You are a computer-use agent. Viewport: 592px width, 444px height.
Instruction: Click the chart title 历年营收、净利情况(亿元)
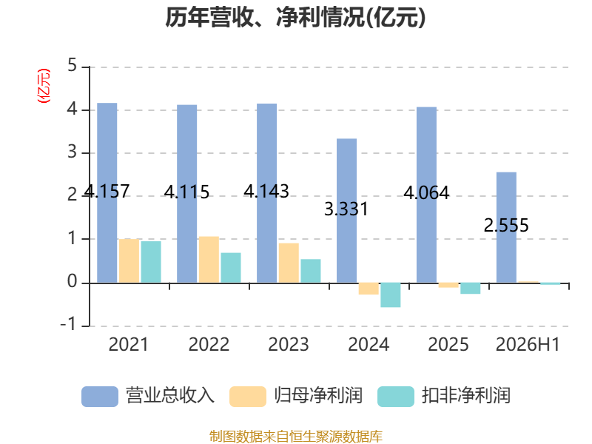295,17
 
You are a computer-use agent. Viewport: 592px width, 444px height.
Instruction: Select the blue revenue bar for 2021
107,192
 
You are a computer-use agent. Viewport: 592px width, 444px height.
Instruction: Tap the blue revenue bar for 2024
346,210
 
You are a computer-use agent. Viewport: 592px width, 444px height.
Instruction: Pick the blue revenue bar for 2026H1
506,227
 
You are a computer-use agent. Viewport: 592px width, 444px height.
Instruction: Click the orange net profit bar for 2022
209,260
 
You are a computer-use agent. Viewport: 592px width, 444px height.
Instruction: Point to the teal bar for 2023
311,271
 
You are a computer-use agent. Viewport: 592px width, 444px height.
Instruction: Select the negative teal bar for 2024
391,295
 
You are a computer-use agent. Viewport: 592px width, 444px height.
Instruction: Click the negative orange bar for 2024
369,289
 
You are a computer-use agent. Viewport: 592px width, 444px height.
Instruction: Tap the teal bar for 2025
471,288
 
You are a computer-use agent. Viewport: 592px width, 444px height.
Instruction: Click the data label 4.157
107,191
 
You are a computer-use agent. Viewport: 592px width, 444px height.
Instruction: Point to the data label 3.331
346,209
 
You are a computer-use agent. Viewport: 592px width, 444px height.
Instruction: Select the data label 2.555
506,226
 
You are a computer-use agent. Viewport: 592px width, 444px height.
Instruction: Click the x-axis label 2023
289,344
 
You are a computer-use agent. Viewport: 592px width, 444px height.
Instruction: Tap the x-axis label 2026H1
528,344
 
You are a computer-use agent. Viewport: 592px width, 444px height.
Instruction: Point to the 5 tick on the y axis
72,66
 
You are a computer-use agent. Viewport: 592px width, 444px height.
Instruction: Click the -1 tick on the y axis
68,324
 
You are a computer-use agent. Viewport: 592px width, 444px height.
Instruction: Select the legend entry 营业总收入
148,396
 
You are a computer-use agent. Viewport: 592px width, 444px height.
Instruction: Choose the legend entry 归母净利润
296,396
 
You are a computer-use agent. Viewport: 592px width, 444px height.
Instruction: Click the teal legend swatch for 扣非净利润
396,397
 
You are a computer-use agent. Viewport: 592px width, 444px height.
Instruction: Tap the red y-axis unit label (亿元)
44,86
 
